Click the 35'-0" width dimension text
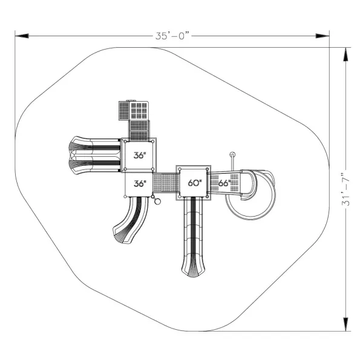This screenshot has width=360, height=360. [x=173, y=36]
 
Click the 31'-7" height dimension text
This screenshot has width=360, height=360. [x=345, y=189]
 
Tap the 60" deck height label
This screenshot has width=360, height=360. [x=195, y=183]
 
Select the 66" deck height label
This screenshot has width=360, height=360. [x=224, y=183]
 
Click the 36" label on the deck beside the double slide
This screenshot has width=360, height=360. [x=140, y=155]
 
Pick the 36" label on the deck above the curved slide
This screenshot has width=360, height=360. [x=140, y=183]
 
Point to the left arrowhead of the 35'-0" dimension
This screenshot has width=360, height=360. [x=22, y=36]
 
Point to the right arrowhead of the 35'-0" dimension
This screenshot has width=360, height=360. [x=322, y=36]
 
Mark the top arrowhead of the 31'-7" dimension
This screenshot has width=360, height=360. [x=345, y=54]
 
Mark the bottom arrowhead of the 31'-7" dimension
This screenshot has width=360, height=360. [x=345, y=324]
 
